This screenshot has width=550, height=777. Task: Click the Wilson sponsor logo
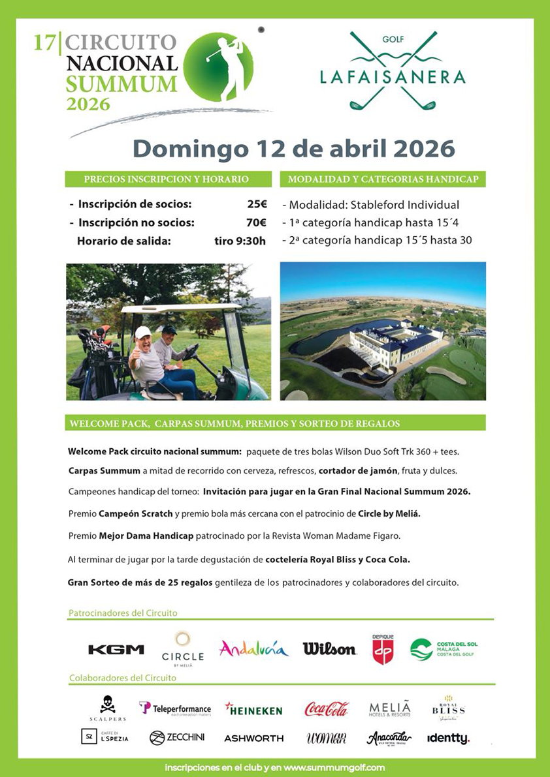point(329,648)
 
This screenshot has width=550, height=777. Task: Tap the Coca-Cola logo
point(327,708)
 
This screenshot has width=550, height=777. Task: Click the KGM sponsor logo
point(116,649)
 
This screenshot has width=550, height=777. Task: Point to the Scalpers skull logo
point(108,705)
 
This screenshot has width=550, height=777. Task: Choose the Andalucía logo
point(253,648)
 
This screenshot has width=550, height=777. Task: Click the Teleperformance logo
point(175,708)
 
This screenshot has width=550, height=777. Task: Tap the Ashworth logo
point(254,739)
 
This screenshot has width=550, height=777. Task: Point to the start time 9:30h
point(240,241)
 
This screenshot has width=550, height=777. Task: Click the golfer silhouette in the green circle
point(225,67)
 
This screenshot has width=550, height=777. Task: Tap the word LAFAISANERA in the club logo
point(392,77)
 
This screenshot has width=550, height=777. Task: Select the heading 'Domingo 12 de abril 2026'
point(293,148)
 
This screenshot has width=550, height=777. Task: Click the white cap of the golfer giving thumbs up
point(142,331)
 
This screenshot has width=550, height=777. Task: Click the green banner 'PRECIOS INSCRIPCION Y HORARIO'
point(167,179)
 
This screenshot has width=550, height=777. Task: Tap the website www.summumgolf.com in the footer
point(334,767)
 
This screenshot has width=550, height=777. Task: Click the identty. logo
point(448,739)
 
